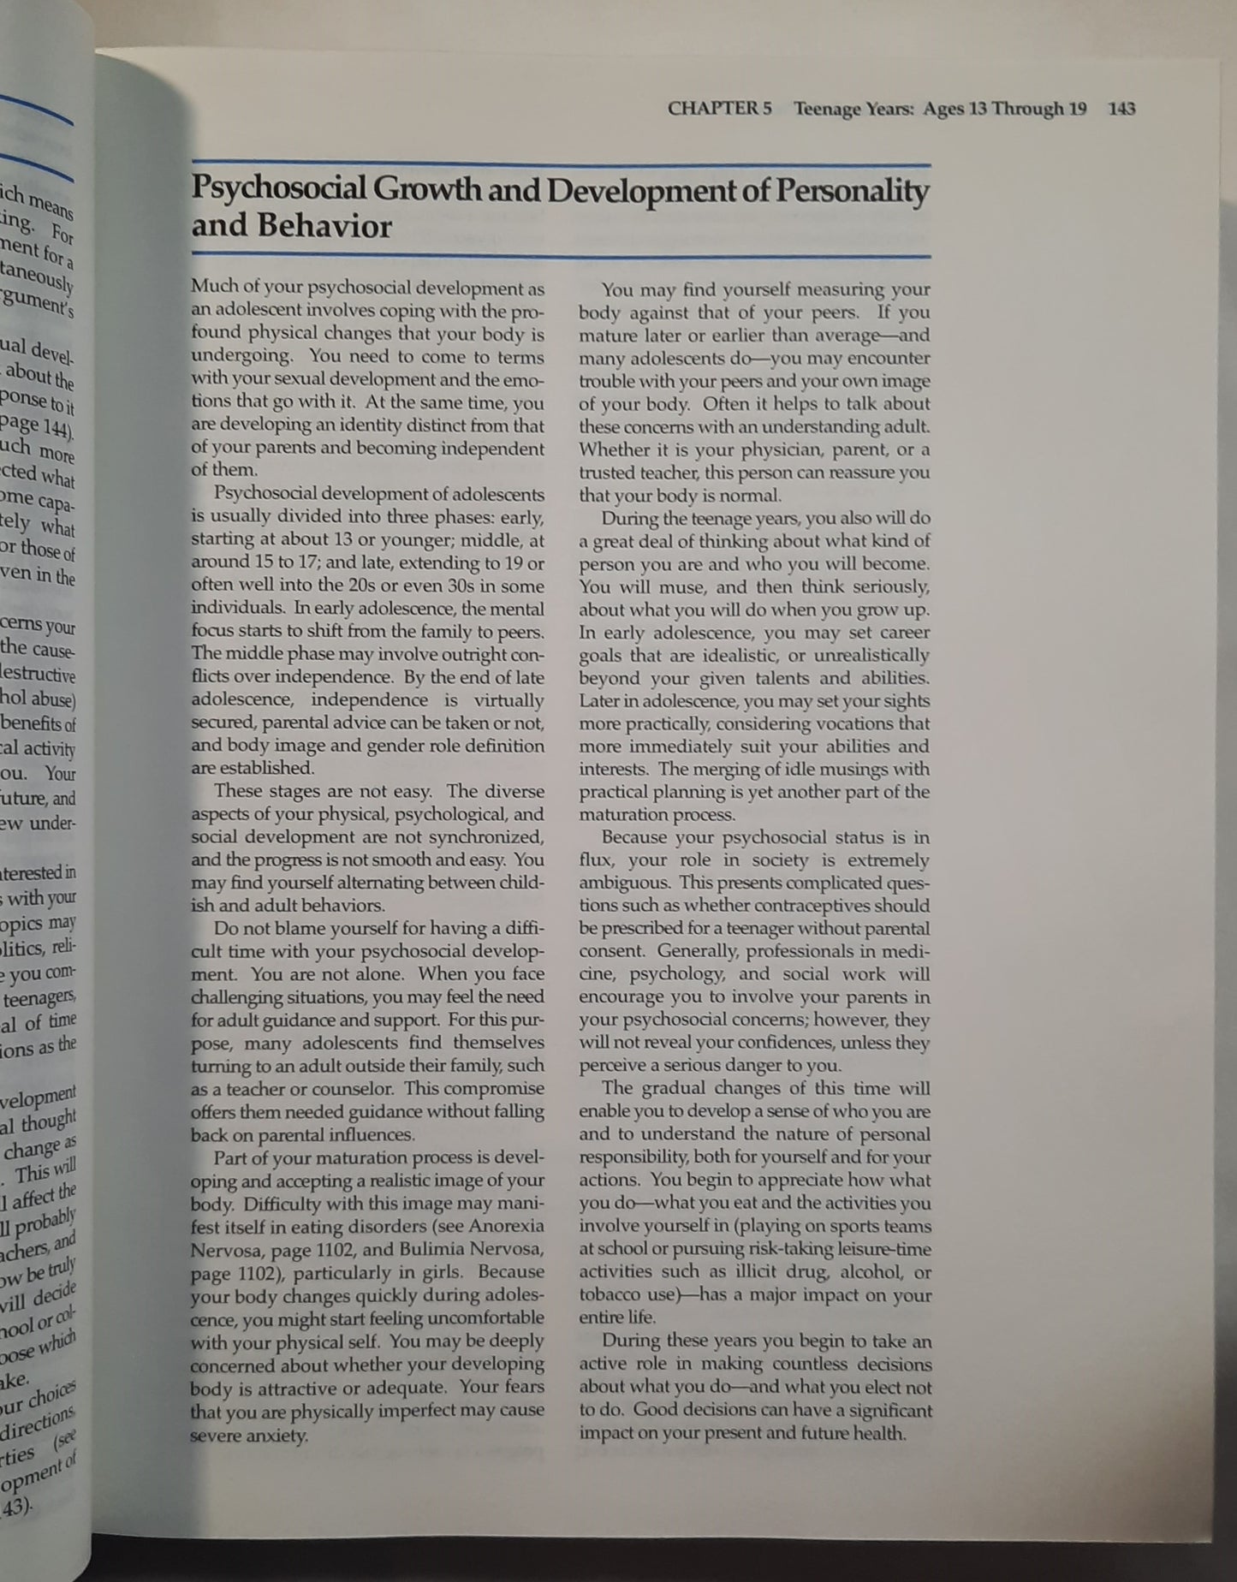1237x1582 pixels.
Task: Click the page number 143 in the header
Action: pos(1121,109)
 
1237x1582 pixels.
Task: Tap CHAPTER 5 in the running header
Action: pos(719,109)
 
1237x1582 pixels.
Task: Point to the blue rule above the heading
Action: pos(561,164)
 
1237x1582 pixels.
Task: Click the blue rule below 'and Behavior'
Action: pos(561,255)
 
